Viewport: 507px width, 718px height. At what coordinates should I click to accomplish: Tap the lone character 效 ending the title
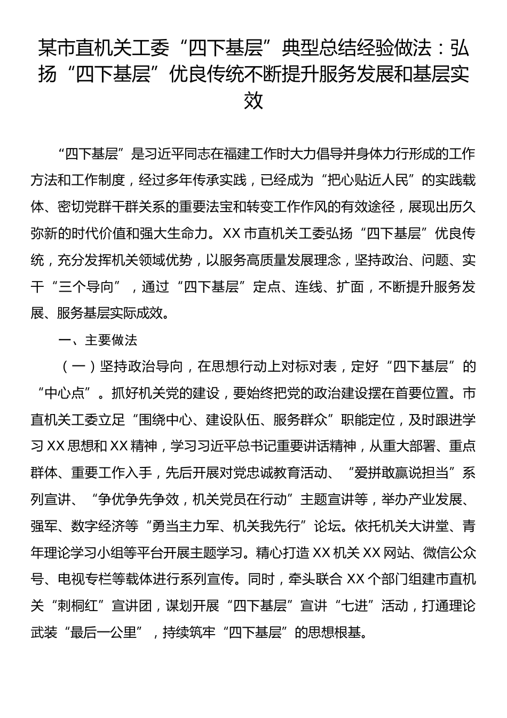pyautogui.click(x=253, y=100)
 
